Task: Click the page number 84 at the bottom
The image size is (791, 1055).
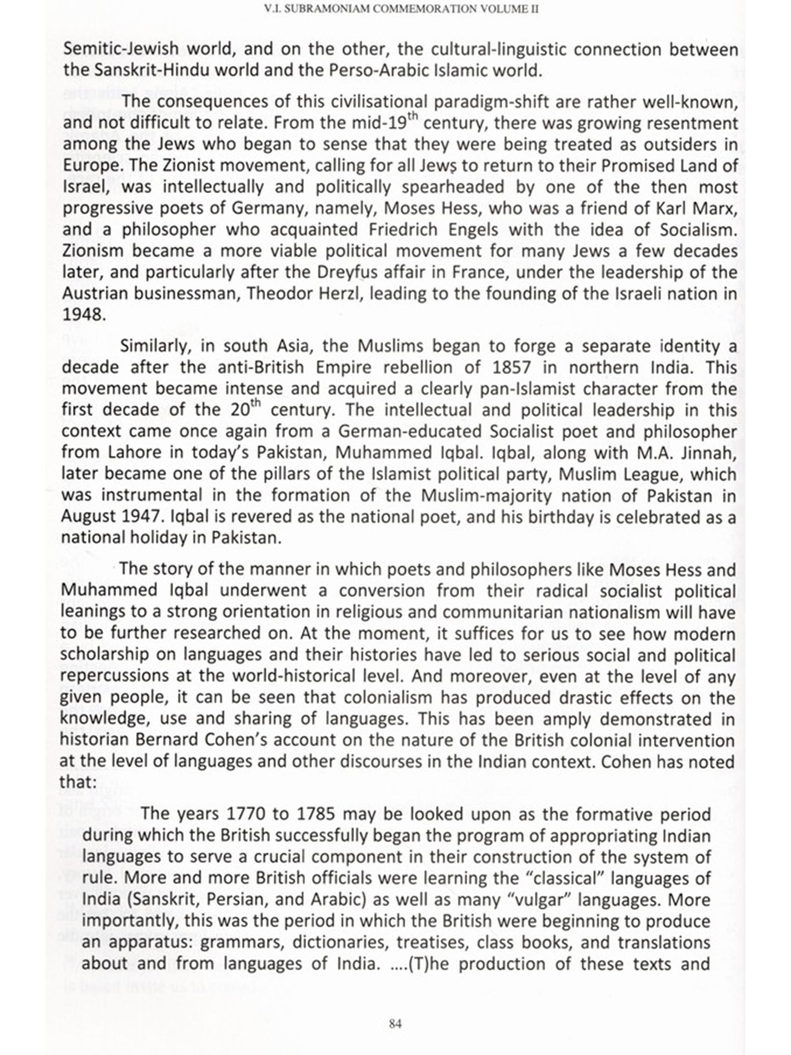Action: (x=395, y=1024)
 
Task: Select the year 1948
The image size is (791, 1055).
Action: (x=82, y=315)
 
